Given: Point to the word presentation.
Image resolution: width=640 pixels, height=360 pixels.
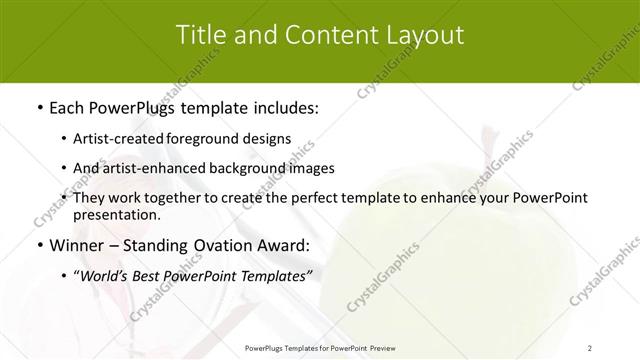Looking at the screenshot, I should point(117,214).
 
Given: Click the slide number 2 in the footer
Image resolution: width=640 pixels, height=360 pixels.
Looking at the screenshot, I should point(590,347).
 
